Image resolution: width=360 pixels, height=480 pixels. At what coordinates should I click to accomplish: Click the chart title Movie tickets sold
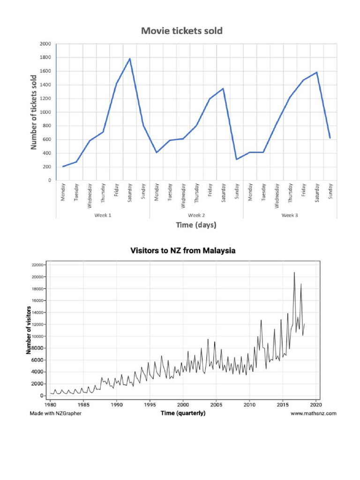coord(182,31)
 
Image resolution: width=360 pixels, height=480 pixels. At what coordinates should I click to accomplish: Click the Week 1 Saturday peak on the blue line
coord(130,59)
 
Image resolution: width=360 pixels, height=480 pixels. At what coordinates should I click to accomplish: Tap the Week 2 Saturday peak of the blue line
coord(223,89)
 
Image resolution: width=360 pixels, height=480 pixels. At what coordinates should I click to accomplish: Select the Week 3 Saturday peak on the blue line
coord(317,72)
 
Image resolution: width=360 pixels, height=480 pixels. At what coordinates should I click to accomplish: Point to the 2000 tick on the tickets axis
coord(45,44)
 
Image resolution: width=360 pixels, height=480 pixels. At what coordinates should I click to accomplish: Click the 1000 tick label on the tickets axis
coord(45,112)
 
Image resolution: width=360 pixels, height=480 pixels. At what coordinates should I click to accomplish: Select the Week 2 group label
coord(196,215)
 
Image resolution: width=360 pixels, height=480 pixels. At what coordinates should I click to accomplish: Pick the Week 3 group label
coord(290,215)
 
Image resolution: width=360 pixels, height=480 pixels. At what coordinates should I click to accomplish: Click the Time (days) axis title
coord(196,225)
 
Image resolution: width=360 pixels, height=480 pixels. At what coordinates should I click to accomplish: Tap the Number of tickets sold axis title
coord(34,112)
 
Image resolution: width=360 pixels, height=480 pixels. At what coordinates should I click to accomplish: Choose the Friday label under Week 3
coord(303,191)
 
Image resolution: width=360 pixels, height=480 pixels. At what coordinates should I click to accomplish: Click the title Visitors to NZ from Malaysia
coord(182,251)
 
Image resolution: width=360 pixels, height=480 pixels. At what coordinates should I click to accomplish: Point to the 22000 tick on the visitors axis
coord(37,265)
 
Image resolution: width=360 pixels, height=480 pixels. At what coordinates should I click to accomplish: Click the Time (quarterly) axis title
coord(183,413)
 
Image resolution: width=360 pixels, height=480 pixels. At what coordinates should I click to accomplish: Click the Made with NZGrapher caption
coord(55,413)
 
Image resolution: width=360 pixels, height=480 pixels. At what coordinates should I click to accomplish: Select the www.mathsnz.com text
coord(313,413)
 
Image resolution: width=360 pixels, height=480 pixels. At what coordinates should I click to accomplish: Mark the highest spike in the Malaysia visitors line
coord(294,272)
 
